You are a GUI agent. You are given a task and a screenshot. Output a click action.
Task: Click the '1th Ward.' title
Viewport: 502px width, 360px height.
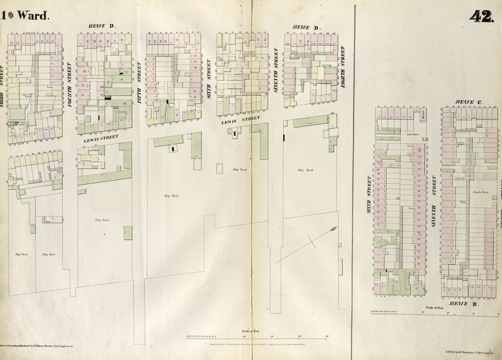point(25,15)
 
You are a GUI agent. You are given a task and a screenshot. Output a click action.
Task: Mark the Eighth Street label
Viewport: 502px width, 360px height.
point(343,67)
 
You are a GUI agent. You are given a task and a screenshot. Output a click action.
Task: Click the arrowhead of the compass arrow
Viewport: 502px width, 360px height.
point(334,228)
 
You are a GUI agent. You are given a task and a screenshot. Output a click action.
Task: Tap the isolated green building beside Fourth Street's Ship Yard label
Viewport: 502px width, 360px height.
point(127,232)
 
